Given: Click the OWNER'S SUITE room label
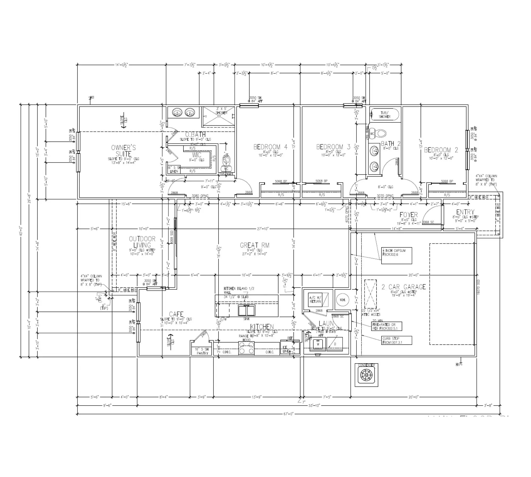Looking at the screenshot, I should (123, 151).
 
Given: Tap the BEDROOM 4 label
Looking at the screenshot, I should (270, 147).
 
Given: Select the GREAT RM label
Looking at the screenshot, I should (255, 245).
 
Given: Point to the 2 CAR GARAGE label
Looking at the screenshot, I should (404, 287).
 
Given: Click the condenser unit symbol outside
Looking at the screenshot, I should (366, 375).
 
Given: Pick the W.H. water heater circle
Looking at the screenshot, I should (342, 300).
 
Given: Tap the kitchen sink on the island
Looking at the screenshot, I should (246, 310).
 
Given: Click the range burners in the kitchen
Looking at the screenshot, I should (246, 348).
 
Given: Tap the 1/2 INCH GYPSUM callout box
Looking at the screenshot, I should (396, 256).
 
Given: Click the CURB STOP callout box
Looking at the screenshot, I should (397, 340).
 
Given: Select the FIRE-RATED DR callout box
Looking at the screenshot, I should (387, 326).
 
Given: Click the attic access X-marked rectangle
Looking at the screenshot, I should (370, 293).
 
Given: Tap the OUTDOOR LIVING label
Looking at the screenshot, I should (142, 242).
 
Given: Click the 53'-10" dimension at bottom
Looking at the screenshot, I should (315, 406).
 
